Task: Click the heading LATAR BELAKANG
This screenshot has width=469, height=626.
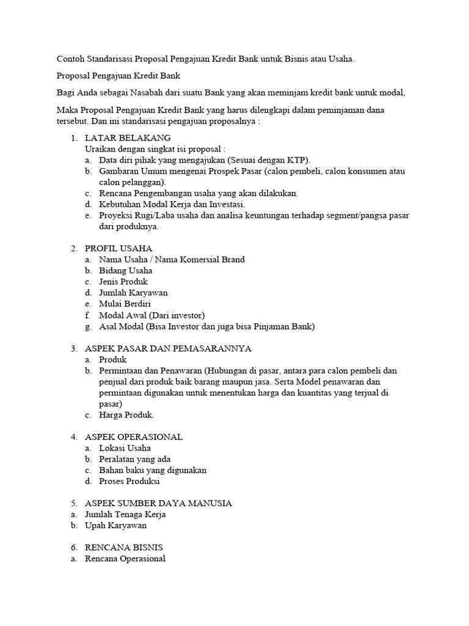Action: point(128,138)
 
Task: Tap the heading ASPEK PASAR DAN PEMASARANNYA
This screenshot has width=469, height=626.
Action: point(168,348)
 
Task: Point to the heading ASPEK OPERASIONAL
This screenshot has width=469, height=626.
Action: point(134,437)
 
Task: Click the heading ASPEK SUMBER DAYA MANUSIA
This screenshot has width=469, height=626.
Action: point(158,503)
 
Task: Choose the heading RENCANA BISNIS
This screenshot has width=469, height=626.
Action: point(124,548)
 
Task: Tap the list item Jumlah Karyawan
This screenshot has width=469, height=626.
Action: point(133,293)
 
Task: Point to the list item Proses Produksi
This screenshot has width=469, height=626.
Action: point(129,481)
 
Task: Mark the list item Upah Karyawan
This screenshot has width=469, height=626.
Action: point(116,526)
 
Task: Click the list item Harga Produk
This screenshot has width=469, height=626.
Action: point(126,414)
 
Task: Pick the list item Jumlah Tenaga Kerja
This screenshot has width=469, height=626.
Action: point(125,515)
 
